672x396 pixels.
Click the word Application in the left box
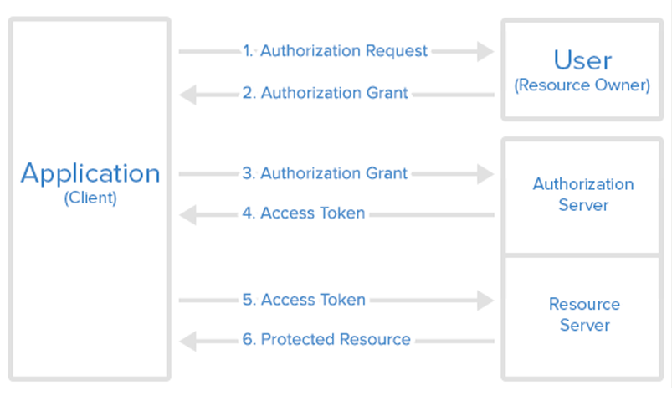(90, 173)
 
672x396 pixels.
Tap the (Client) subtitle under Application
(90, 199)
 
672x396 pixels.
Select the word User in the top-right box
(582, 60)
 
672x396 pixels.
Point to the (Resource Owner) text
(582, 85)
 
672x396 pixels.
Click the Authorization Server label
(582, 194)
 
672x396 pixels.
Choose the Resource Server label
(584, 314)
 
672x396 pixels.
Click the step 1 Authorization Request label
(336, 51)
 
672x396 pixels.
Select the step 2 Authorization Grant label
(326, 93)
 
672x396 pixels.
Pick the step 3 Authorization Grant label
(326, 173)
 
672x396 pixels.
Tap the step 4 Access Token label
(304, 213)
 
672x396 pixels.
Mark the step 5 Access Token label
(304, 300)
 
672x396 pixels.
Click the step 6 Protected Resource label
(326, 339)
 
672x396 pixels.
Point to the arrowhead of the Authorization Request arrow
(485, 51)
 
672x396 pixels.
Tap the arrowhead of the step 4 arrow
(188, 214)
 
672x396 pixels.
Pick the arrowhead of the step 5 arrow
(485, 300)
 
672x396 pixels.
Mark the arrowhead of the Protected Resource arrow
(188, 340)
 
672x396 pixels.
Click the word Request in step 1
(397, 51)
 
